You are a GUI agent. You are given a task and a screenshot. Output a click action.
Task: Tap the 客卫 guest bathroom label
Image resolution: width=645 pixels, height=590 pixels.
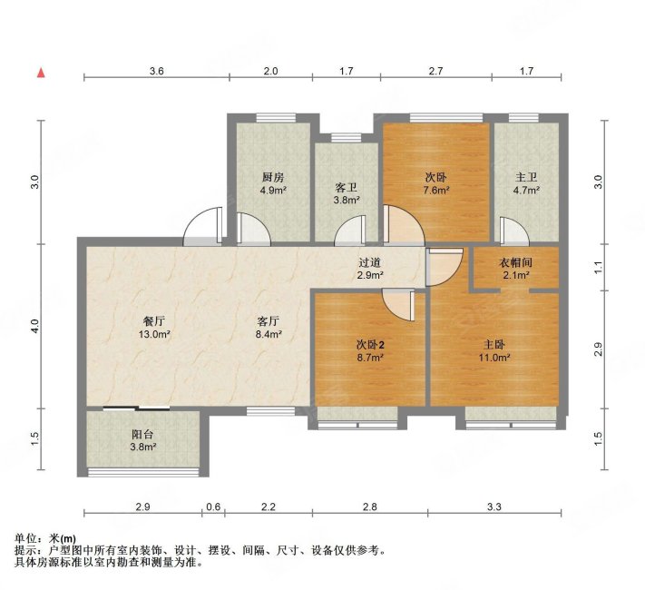pyautogui.click(x=346, y=189)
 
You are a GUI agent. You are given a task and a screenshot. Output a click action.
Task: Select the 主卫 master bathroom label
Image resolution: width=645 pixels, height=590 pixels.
pyautogui.click(x=526, y=178)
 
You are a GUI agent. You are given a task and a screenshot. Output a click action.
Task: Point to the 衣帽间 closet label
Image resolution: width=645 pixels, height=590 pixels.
pyautogui.click(x=515, y=262)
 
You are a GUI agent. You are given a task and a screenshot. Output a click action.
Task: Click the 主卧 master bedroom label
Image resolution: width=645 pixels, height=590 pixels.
pyautogui.click(x=494, y=344)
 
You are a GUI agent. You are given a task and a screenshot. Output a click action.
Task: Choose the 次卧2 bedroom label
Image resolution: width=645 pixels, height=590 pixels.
pyautogui.click(x=369, y=346)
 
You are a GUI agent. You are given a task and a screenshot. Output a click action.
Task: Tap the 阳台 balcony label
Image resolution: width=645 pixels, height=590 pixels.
pyautogui.click(x=143, y=434)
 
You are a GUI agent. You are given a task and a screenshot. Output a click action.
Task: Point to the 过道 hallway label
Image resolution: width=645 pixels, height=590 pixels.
pyautogui.click(x=370, y=262)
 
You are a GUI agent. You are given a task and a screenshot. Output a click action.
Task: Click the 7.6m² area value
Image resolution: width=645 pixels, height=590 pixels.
pyautogui.click(x=437, y=191)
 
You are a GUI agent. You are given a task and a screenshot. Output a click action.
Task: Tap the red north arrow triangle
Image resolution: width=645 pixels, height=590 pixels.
pyautogui.click(x=41, y=71)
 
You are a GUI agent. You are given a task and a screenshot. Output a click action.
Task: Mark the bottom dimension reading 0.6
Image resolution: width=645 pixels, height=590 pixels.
pyautogui.click(x=213, y=506)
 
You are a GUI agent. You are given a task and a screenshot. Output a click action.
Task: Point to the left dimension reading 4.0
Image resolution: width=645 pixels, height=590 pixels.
pyautogui.click(x=35, y=324)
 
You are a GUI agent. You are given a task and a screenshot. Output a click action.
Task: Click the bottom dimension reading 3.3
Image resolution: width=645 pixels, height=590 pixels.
pyautogui.click(x=494, y=506)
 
